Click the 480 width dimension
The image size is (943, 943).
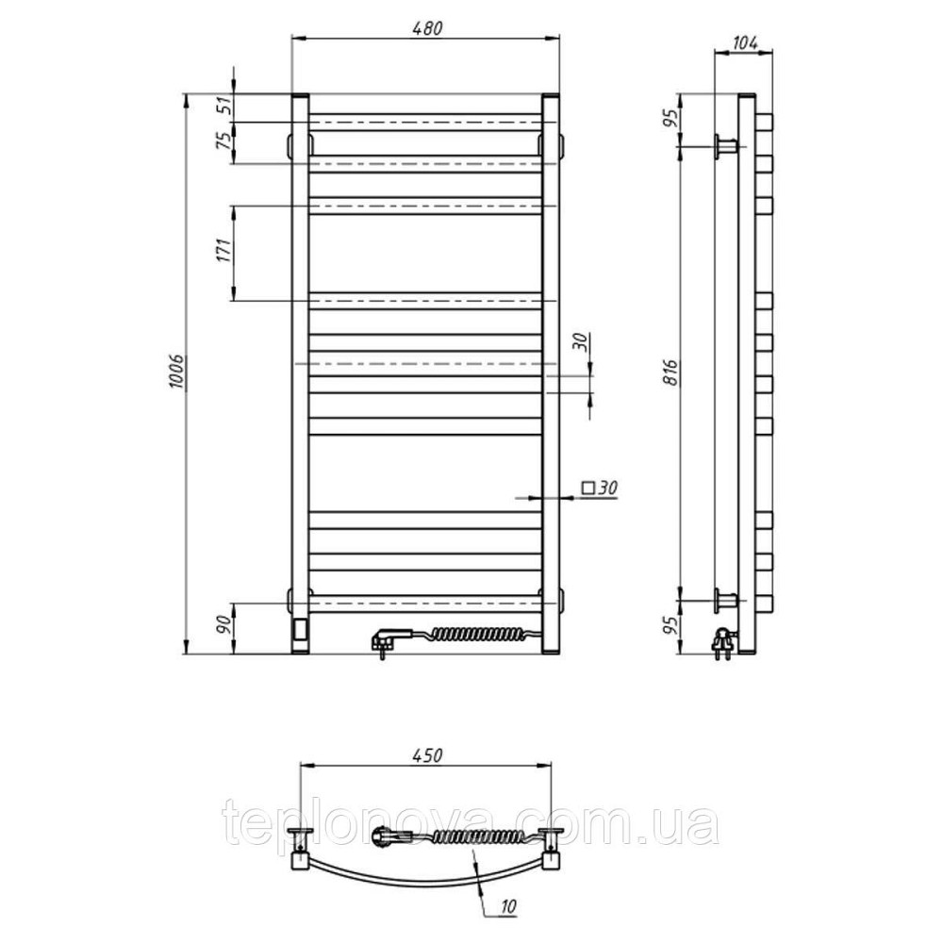tap(427, 28)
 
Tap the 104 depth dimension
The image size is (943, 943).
tap(746, 43)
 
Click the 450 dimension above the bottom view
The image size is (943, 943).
tap(427, 755)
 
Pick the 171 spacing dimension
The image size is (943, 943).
tap(223, 250)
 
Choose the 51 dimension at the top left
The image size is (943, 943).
tap(223, 108)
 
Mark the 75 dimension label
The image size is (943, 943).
tap(223, 141)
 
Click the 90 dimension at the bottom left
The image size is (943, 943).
tap(223, 625)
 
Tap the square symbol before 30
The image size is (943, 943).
tap(587, 488)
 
